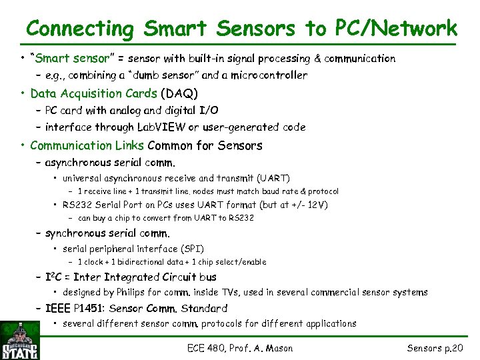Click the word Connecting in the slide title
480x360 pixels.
(80, 29)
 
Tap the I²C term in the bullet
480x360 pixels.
(55, 277)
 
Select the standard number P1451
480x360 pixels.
(85, 308)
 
